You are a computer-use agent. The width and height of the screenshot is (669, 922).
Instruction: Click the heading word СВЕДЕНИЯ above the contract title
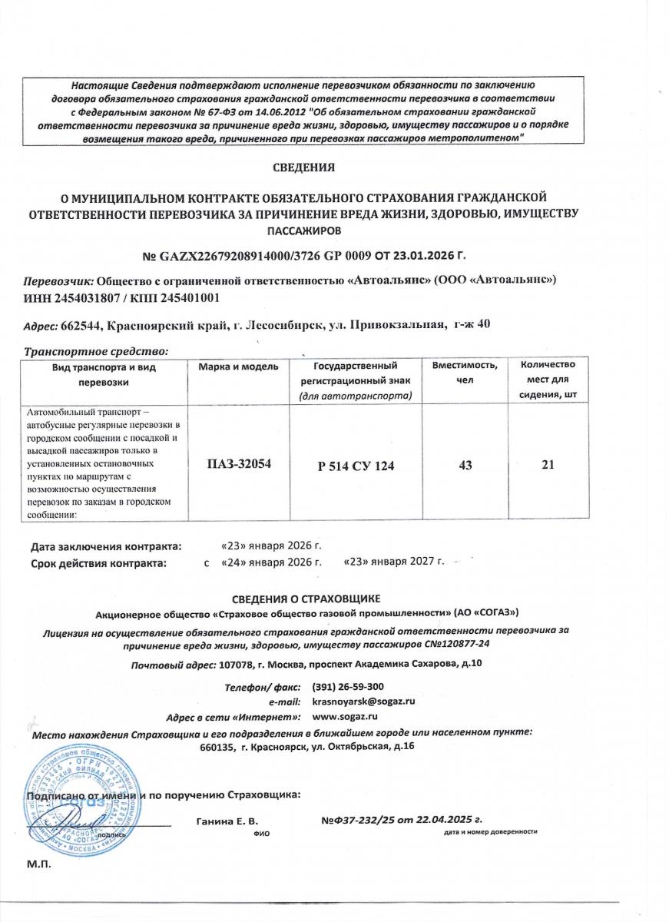click(304, 166)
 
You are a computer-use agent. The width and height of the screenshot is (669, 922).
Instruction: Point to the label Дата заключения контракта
click(107, 546)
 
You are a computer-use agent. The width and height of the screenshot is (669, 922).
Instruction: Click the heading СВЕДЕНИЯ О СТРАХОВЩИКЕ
click(306, 599)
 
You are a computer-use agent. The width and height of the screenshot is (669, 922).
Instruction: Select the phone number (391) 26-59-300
click(349, 686)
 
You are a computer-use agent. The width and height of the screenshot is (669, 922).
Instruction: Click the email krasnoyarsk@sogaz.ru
click(364, 701)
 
